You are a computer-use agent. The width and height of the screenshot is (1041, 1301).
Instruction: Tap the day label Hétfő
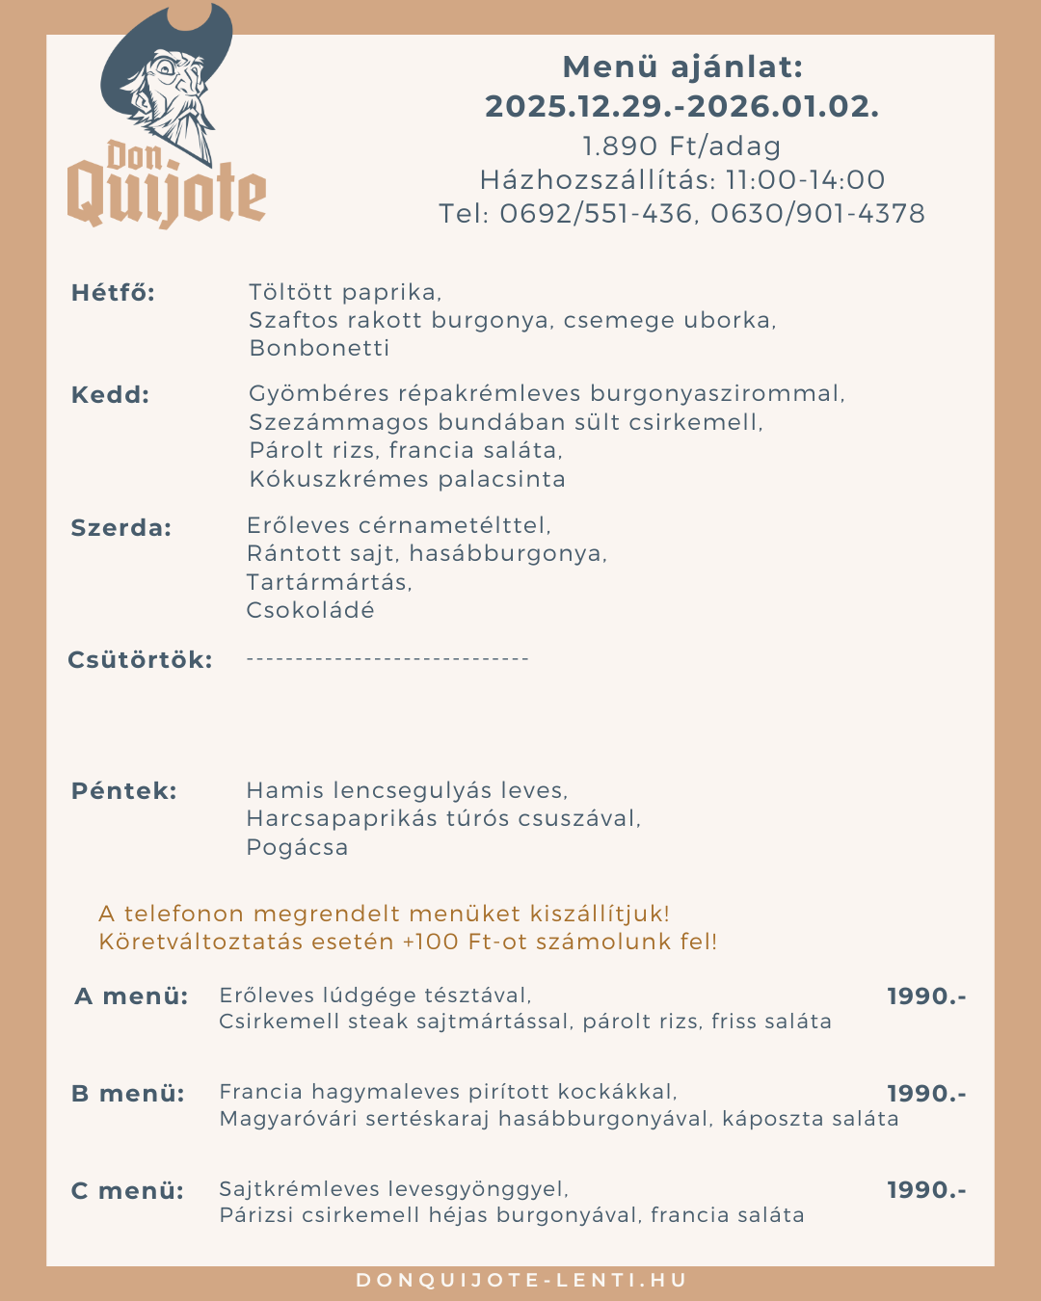(x=113, y=293)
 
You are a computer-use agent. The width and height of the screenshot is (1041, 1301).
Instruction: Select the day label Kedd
(x=110, y=395)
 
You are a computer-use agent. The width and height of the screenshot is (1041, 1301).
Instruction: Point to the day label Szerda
(x=120, y=528)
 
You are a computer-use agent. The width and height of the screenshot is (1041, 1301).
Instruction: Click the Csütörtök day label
(x=140, y=660)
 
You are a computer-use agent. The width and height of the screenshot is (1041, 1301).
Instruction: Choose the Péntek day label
(x=123, y=791)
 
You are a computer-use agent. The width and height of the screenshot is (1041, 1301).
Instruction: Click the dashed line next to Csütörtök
(x=387, y=659)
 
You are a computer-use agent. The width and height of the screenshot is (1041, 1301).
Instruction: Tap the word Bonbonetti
(x=319, y=348)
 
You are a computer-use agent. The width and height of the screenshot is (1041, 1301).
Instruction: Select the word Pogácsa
(x=297, y=847)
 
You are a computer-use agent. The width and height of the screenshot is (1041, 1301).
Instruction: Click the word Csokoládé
(x=310, y=610)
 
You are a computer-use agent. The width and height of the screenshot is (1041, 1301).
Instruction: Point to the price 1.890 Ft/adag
(x=681, y=146)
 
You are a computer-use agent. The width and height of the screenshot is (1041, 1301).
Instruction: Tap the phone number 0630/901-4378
(x=817, y=214)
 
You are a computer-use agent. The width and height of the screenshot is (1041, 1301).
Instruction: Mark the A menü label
(x=131, y=996)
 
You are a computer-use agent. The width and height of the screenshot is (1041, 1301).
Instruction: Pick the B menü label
(x=127, y=1094)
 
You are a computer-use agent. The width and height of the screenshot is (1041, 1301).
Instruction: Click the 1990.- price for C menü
(x=925, y=1190)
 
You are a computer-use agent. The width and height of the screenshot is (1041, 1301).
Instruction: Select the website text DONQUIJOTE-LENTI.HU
(x=521, y=1281)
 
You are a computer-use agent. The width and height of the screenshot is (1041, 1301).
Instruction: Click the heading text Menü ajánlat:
(x=681, y=67)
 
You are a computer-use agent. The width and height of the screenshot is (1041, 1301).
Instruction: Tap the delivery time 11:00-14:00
(x=805, y=180)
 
